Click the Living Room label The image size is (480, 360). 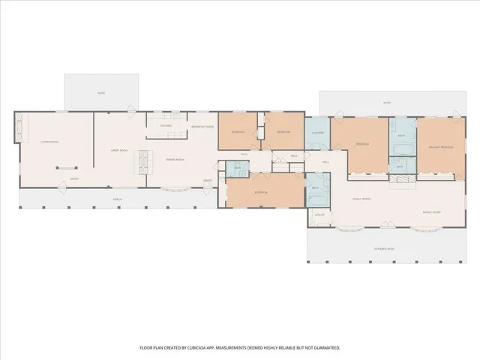(x=49, y=142)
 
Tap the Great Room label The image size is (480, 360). (x=120, y=151)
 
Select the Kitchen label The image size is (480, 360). (x=166, y=126)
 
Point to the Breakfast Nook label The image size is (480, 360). (x=202, y=127)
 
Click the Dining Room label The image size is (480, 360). (x=175, y=160)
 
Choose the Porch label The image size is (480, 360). (x=117, y=199)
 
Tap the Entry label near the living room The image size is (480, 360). (x=74, y=178)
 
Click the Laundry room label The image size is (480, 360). (x=316, y=133)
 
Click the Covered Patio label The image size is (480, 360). (x=385, y=247)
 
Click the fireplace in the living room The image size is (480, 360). (x=66, y=168)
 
